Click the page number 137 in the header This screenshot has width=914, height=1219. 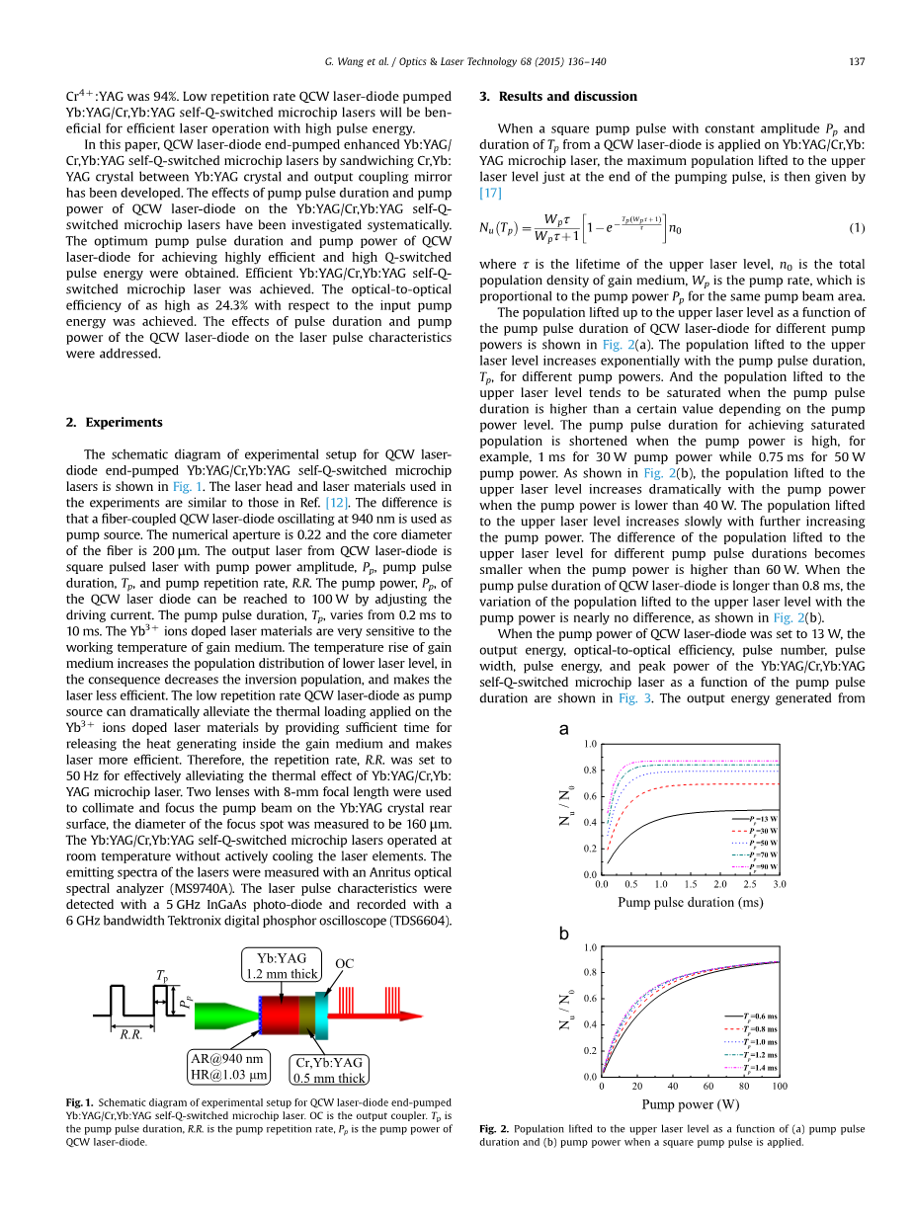[857, 62]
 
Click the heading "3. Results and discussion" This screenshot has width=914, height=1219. [557, 96]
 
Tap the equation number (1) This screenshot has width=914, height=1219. [857, 228]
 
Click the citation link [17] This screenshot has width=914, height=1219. [491, 194]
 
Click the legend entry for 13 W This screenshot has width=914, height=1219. [754, 819]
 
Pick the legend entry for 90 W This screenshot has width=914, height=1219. [754, 866]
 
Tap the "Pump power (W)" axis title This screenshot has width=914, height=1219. [690, 1104]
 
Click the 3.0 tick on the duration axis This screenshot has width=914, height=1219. [779, 885]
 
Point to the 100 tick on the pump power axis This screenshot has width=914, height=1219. [780, 1087]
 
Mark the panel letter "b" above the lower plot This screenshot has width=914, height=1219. [564, 932]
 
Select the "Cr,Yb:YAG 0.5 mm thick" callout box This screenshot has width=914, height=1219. [329, 1071]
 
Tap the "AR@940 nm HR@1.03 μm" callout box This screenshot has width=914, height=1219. [226, 1067]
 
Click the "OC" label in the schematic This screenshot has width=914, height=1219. [344, 964]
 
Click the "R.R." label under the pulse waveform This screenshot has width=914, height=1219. [130, 1034]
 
